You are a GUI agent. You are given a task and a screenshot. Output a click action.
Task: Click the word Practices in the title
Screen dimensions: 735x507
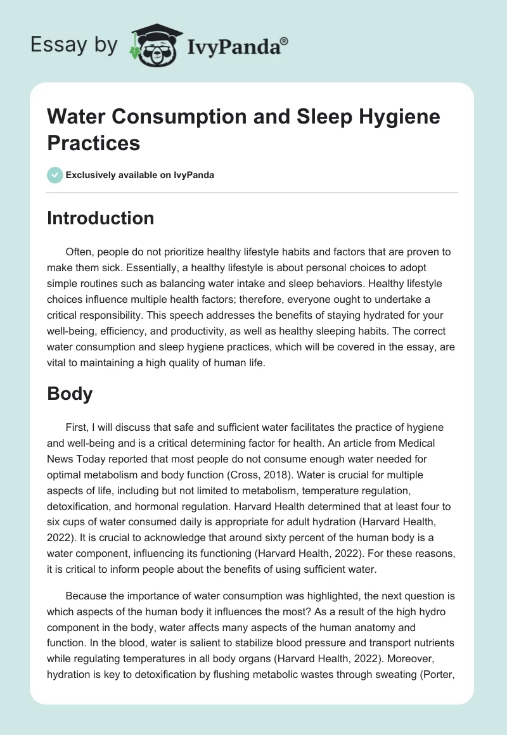tap(93, 143)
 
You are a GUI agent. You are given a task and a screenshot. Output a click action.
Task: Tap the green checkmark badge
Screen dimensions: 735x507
tap(55, 175)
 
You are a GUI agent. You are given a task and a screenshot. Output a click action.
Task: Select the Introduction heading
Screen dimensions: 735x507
tap(100, 218)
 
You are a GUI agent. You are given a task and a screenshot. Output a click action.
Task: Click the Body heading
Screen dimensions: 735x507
tap(70, 393)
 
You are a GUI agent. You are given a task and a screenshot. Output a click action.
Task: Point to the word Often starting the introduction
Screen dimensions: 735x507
tap(79, 252)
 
